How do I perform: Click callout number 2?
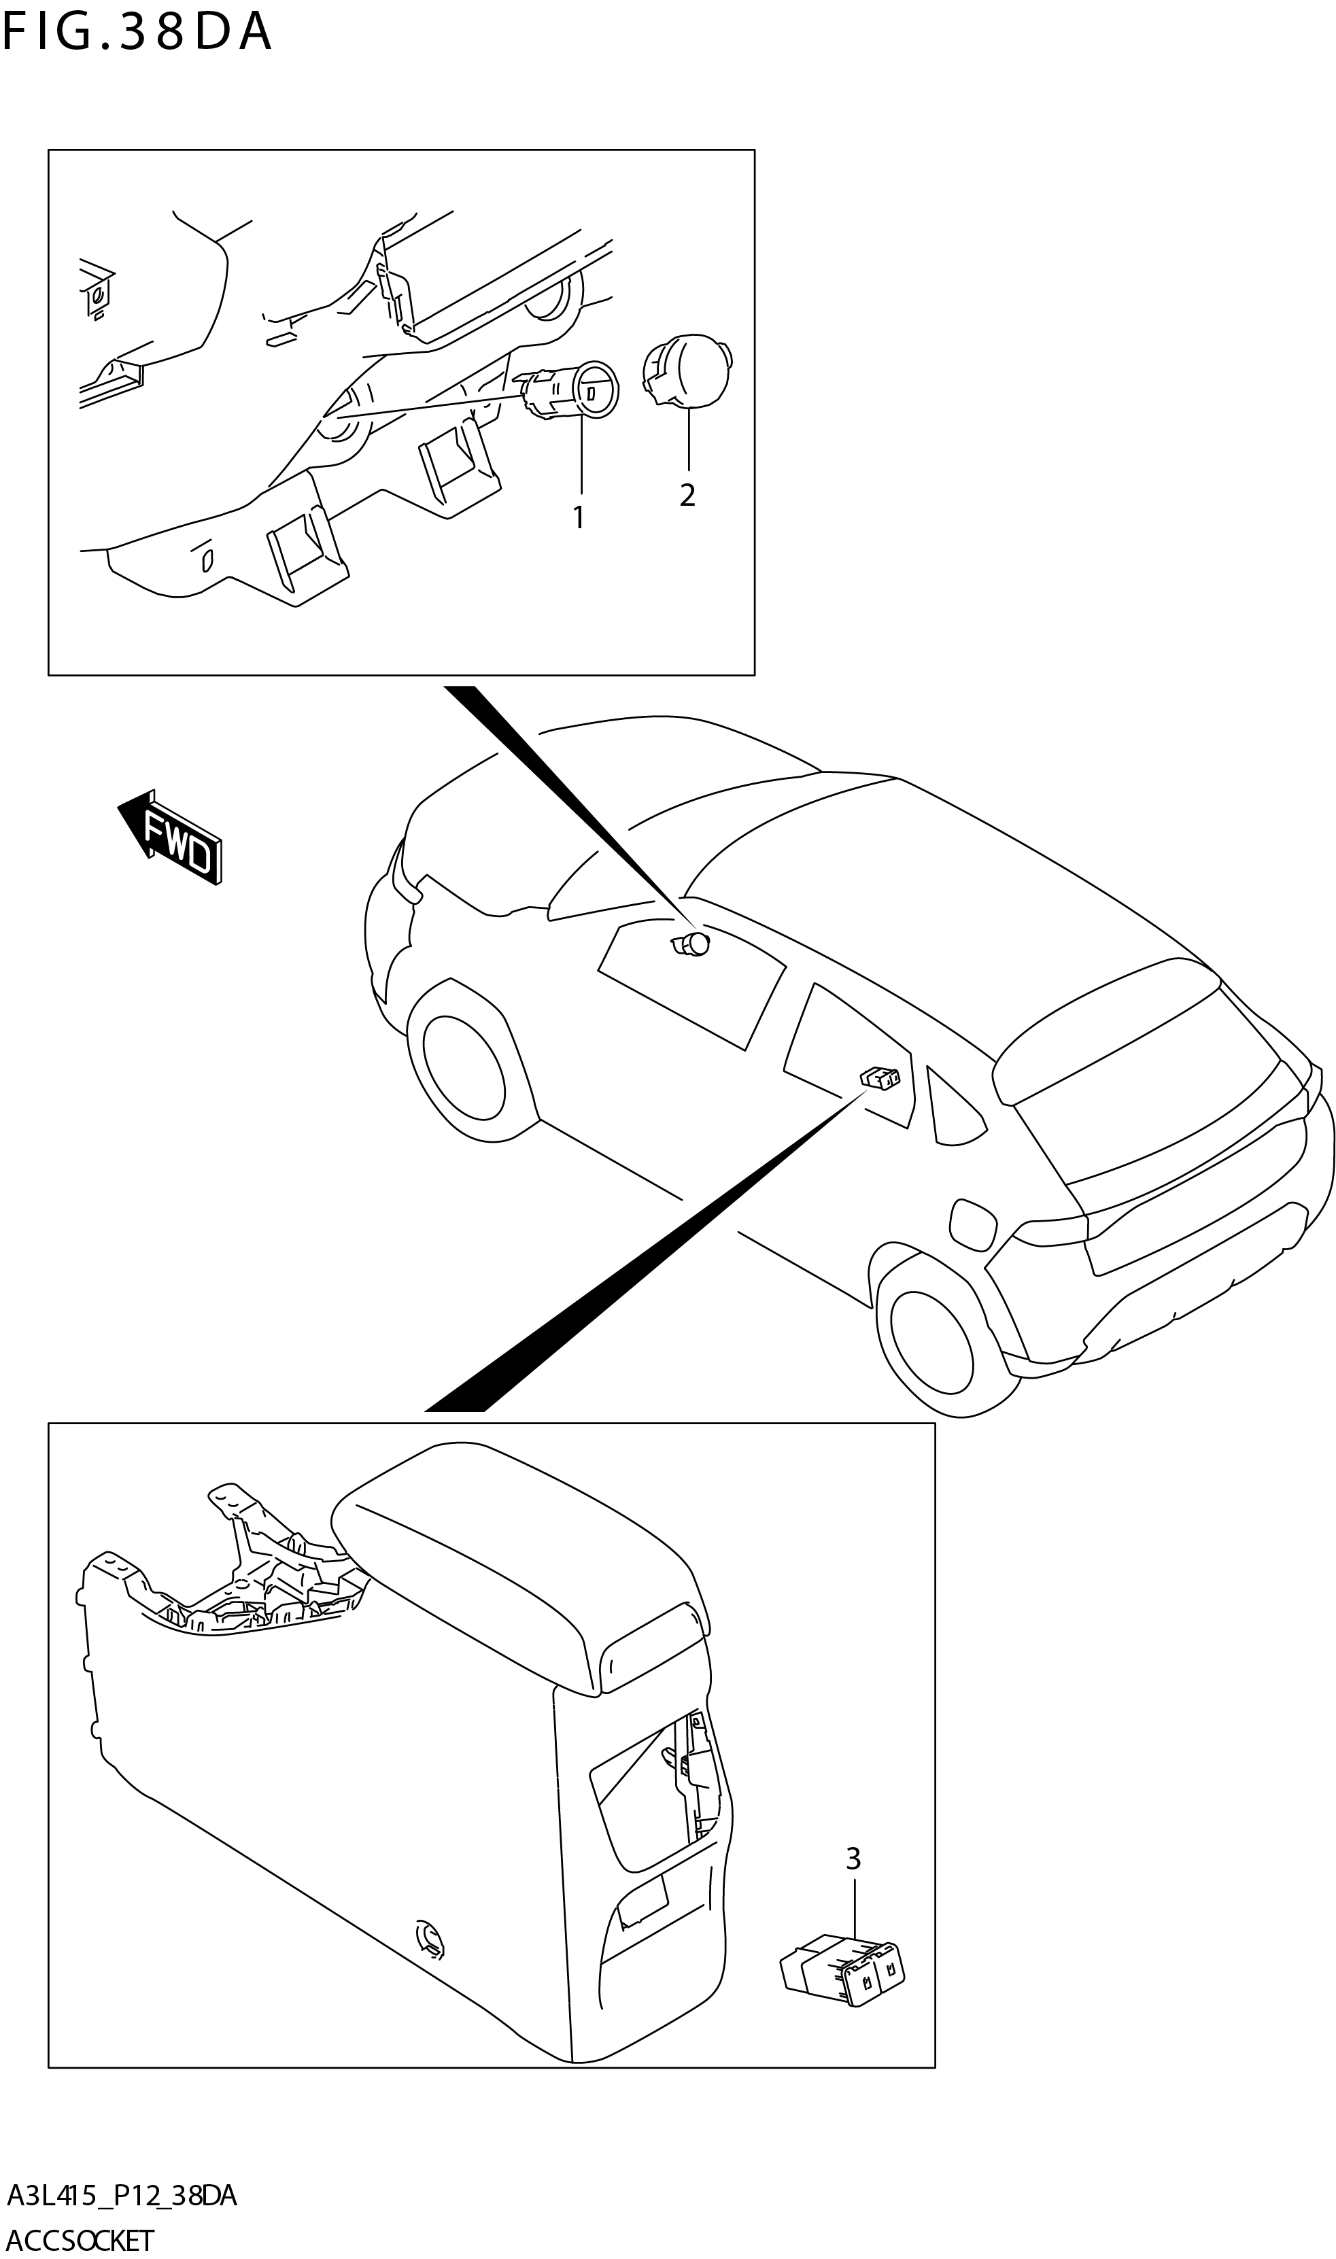click(x=688, y=495)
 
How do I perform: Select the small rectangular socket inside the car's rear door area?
click(x=881, y=1077)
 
